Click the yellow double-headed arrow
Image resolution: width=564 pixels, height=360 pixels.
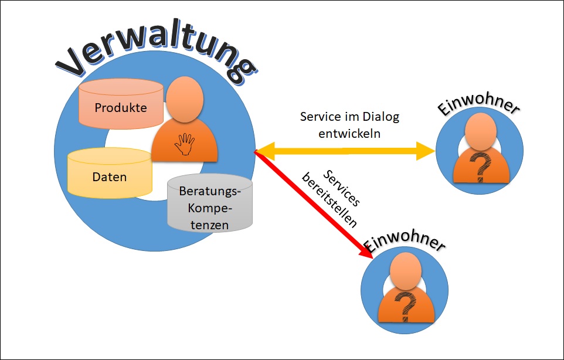(346, 151)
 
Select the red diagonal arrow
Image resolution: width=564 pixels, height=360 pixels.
(311, 202)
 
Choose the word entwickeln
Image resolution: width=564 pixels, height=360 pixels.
(349, 134)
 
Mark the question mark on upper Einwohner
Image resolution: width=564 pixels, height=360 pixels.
(481, 165)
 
